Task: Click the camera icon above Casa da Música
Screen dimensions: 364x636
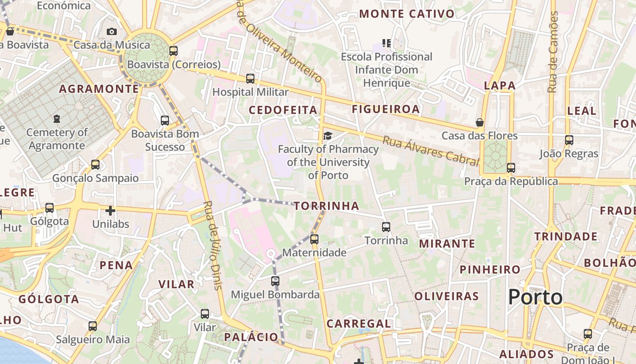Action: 112,31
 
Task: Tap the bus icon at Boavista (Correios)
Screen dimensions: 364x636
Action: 173,51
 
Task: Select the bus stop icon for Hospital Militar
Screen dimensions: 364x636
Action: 250,78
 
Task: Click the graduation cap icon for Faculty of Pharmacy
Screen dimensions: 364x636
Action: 327,136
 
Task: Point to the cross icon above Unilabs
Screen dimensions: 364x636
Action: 110,211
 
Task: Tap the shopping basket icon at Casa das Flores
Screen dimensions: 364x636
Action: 479,122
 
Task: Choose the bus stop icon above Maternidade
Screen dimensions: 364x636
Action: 314,239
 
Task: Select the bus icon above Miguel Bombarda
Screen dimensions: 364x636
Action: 275,281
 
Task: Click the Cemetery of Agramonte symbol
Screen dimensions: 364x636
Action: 56,119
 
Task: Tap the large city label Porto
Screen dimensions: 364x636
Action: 535,297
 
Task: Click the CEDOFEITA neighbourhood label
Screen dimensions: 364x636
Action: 283,110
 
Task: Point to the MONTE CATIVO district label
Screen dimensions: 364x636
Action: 407,14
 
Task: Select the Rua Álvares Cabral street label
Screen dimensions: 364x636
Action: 431,151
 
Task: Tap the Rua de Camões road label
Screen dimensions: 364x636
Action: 553,52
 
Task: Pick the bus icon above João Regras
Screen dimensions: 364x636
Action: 569,140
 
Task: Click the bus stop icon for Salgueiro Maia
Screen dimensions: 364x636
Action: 93,326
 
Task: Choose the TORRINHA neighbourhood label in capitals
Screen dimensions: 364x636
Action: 326,206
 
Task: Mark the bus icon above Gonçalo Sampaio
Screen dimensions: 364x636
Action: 95,165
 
